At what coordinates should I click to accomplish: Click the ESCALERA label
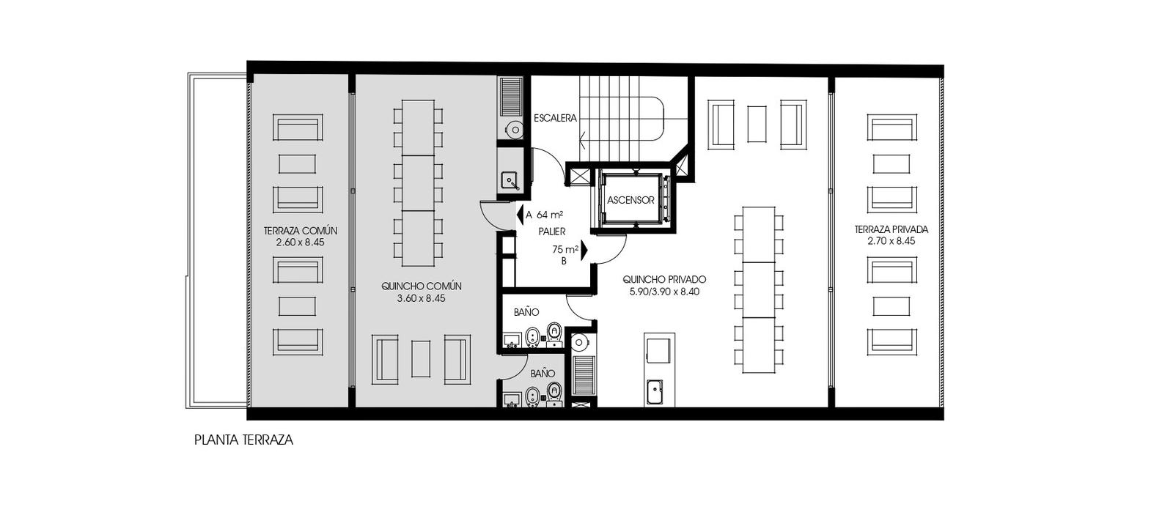(555, 118)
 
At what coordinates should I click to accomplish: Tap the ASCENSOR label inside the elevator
(630, 201)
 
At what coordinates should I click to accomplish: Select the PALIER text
(552, 232)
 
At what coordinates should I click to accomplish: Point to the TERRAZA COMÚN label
(300, 231)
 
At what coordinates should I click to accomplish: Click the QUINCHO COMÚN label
(421, 286)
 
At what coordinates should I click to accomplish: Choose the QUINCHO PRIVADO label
(664, 279)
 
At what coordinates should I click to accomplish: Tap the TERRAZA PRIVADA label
(891, 229)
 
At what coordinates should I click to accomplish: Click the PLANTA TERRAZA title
(243, 440)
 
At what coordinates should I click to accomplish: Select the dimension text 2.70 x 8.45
(891, 241)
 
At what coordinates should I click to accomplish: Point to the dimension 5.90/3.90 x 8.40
(664, 292)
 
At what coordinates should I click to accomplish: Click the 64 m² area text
(550, 215)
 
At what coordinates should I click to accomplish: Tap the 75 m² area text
(565, 250)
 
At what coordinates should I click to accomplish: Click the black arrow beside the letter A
(520, 215)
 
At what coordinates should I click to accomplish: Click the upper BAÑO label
(526, 312)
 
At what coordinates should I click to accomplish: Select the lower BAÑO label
(543, 374)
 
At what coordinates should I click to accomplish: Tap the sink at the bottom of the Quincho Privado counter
(655, 392)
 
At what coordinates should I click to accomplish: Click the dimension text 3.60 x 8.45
(421, 299)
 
